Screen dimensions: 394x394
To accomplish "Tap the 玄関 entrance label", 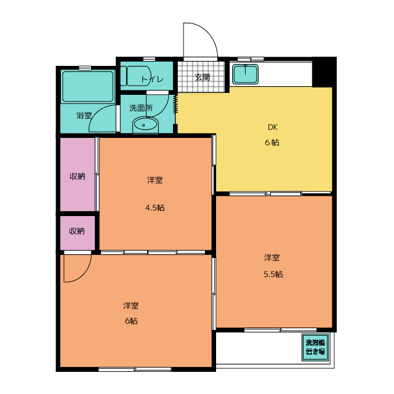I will point(203,78).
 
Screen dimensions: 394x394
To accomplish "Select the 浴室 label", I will point(84,115).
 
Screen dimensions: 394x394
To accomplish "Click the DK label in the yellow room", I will point(273,128).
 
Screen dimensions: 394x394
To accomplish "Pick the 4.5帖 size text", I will point(155,207).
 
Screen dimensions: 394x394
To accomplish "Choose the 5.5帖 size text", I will point(273,274).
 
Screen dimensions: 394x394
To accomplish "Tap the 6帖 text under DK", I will point(273,142).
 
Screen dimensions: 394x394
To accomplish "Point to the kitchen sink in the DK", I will point(246,75).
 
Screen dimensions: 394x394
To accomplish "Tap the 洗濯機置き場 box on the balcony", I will point(315,348).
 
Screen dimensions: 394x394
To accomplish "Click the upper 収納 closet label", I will point(77,176).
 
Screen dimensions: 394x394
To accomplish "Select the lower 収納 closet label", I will point(77,231).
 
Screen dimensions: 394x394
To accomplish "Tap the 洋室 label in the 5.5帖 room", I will point(273,257).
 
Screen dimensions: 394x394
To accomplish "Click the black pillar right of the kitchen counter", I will point(323,73).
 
